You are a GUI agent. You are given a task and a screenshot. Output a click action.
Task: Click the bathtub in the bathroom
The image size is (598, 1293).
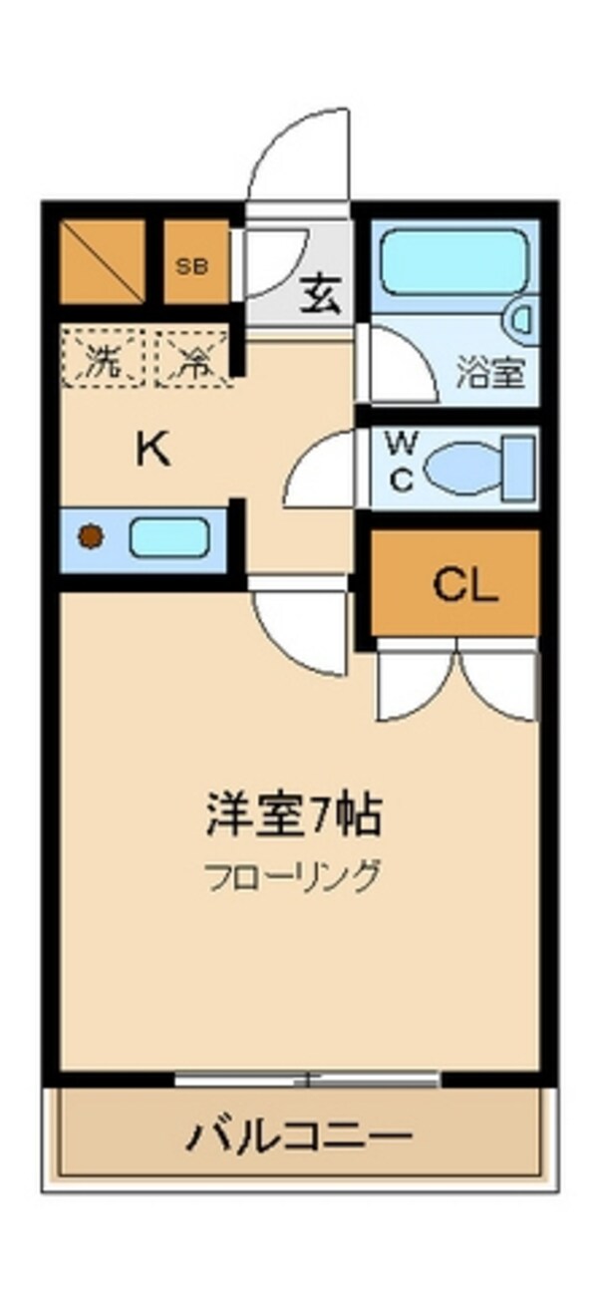pos(453,260)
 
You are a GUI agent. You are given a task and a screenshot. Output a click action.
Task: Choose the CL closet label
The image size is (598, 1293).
pos(464,586)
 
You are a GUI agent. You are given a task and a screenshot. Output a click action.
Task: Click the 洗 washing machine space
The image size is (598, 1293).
pos(104,359)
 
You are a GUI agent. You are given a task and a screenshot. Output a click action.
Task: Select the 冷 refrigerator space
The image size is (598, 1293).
pos(191,359)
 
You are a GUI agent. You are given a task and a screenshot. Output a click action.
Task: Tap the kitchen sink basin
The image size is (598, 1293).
pos(169,538)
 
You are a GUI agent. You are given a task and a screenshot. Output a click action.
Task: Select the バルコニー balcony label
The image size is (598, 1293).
pos(299,1134)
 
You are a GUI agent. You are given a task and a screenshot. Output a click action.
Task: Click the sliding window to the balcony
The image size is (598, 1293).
pos(307,1078)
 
